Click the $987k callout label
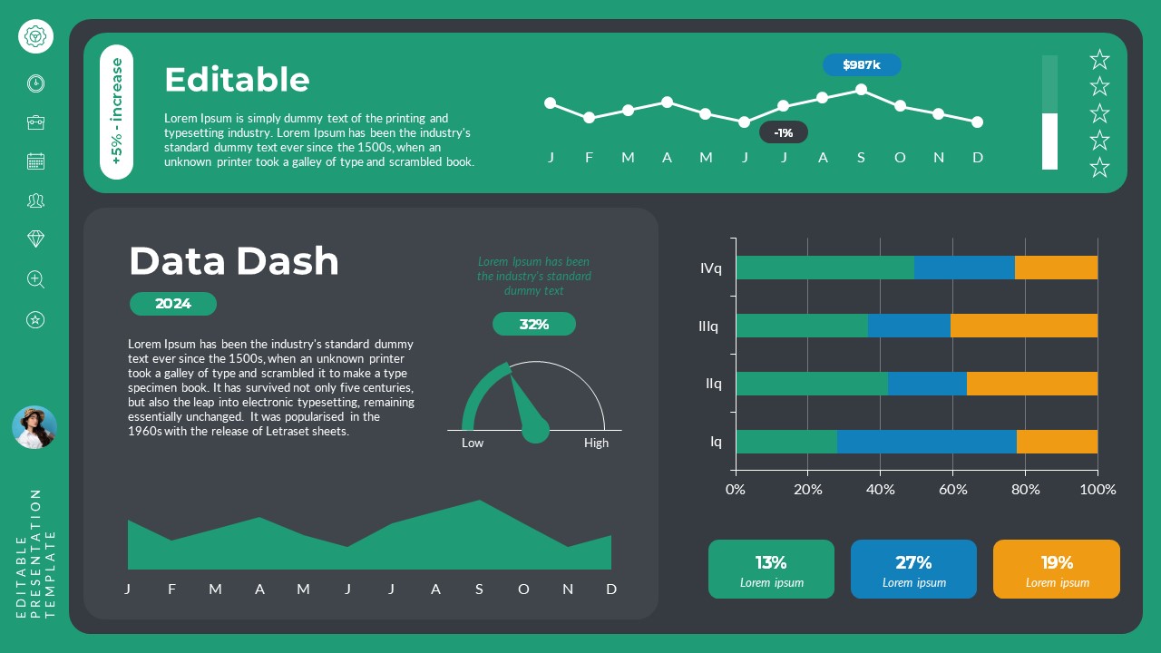(862, 65)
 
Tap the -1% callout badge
(784, 132)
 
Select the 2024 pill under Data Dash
(173, 304)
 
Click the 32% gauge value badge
(534, 324)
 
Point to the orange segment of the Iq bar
(1057, 442)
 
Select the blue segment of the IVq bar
(964, 268)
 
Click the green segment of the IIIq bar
(801, 326)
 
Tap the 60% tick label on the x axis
(952, 490)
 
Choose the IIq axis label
(714, 384)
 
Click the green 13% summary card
(771, 570)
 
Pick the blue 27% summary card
(913, 570)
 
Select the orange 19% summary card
(1057, 570)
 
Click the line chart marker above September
(861, 90)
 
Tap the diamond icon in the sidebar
(35, 239)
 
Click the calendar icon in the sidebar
(35, 161)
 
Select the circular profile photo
(34, 427)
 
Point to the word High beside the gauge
(596, 443)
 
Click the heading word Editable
(237, 80)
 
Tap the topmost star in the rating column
(1099, 60)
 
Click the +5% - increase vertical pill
(117, 112)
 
